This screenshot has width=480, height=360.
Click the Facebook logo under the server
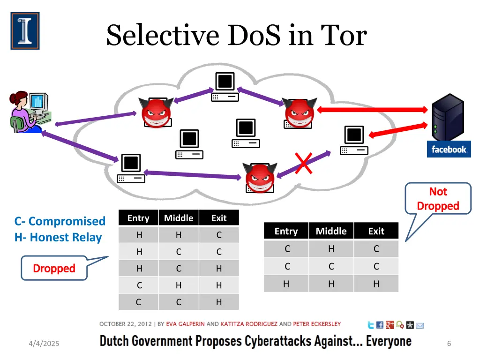(449, 149)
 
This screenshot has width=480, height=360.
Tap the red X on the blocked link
(304, 163)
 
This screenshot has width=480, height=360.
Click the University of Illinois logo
(25, 31)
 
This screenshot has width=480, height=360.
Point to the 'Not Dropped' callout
(438, 199)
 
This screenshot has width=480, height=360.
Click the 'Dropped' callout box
(54, 268)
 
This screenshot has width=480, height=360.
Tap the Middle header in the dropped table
(179, 218)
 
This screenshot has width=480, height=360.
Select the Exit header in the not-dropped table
(376, 231)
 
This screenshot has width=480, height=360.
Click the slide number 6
(449, 344)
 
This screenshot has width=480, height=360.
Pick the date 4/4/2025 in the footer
(44, 344)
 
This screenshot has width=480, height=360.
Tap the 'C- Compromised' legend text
(60, 221)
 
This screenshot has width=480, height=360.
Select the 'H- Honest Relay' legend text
(58, 237)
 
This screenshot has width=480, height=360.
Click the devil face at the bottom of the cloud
(260, 178)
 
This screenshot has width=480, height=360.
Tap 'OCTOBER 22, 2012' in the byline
(126, 324)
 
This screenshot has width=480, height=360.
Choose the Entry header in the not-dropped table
(286, 231)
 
